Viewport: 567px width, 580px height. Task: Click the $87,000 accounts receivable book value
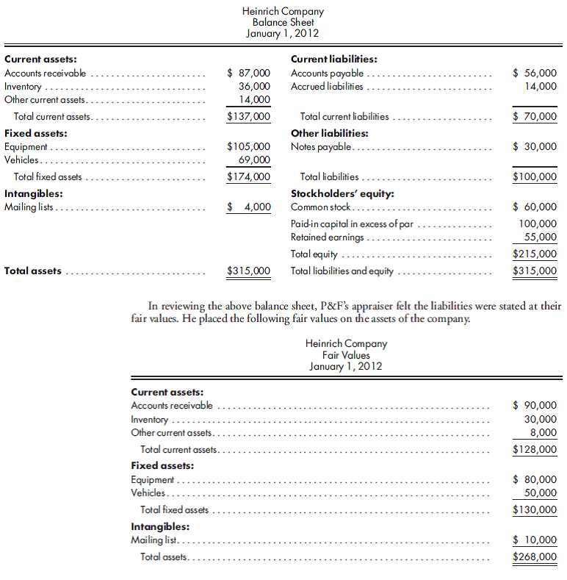point(248,73)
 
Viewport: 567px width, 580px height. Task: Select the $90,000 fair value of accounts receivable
point(534,405)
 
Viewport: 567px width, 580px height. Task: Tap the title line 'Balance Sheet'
point(283,23)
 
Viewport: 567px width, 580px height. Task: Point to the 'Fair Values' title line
point(346,355)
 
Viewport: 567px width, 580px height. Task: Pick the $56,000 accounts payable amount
point(534,73)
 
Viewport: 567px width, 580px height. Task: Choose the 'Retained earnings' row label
point(327,237)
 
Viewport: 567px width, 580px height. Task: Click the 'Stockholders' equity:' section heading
point(342,194)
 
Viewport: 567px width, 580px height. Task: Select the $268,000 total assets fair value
point(534,556)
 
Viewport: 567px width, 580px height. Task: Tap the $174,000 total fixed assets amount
point(248,176)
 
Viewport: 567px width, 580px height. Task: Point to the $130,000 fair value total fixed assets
point(534,509)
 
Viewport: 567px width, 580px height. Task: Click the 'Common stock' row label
point(320,207)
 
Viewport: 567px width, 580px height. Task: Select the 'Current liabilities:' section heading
point(334,60)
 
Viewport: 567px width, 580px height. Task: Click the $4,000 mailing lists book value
point(248,207)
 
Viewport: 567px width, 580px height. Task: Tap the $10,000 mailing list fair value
point(534,540)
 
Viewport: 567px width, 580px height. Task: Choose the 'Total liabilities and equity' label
point(342,271)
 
